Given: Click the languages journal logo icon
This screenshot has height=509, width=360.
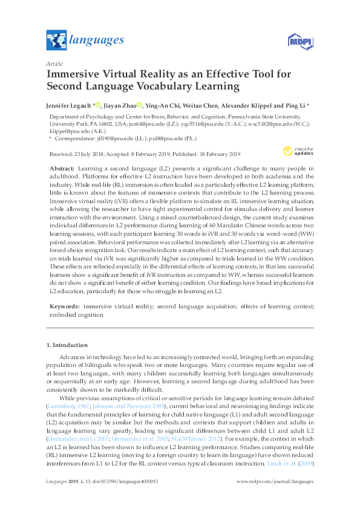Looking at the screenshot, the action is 56,41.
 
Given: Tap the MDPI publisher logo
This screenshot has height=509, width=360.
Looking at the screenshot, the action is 299,41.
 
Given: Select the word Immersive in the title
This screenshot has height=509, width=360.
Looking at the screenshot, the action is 72,75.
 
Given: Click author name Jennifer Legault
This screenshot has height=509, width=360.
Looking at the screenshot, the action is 68,105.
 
